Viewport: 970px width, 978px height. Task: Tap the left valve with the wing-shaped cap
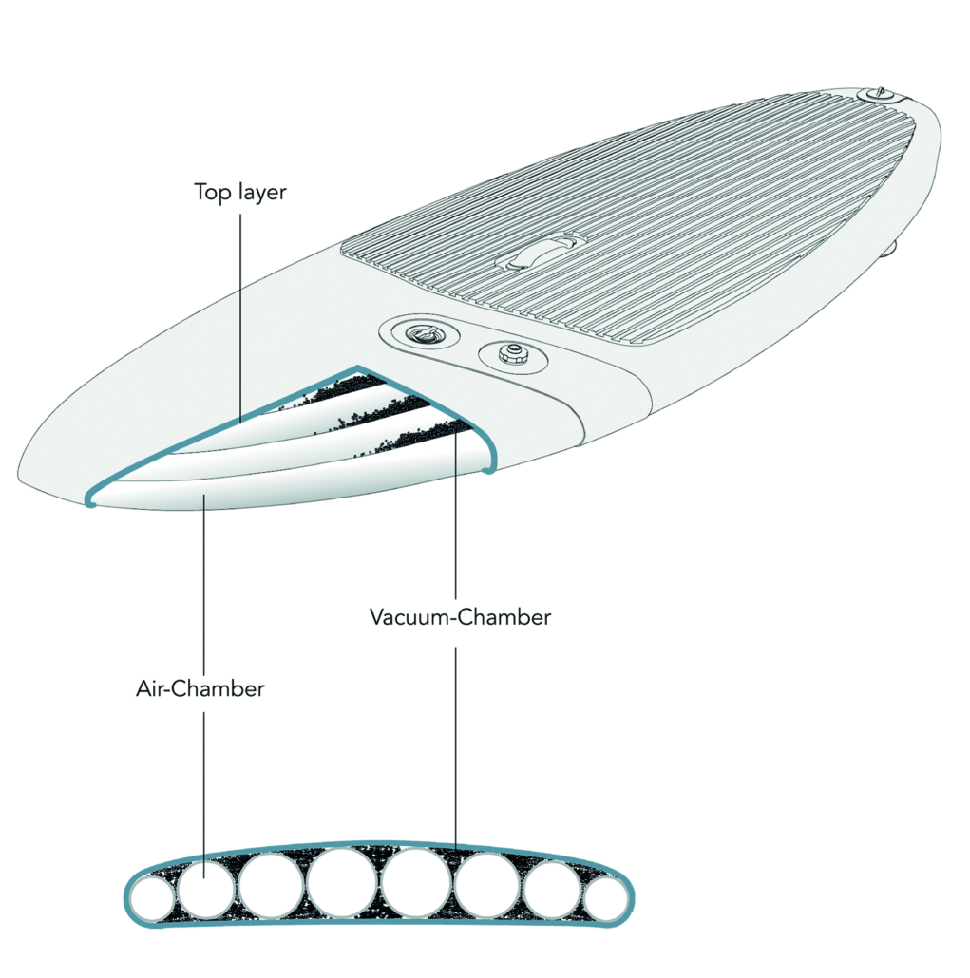[418, 335]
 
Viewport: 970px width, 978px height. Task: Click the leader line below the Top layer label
[240, 313]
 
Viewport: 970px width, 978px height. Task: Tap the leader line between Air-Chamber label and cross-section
[204, 779]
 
